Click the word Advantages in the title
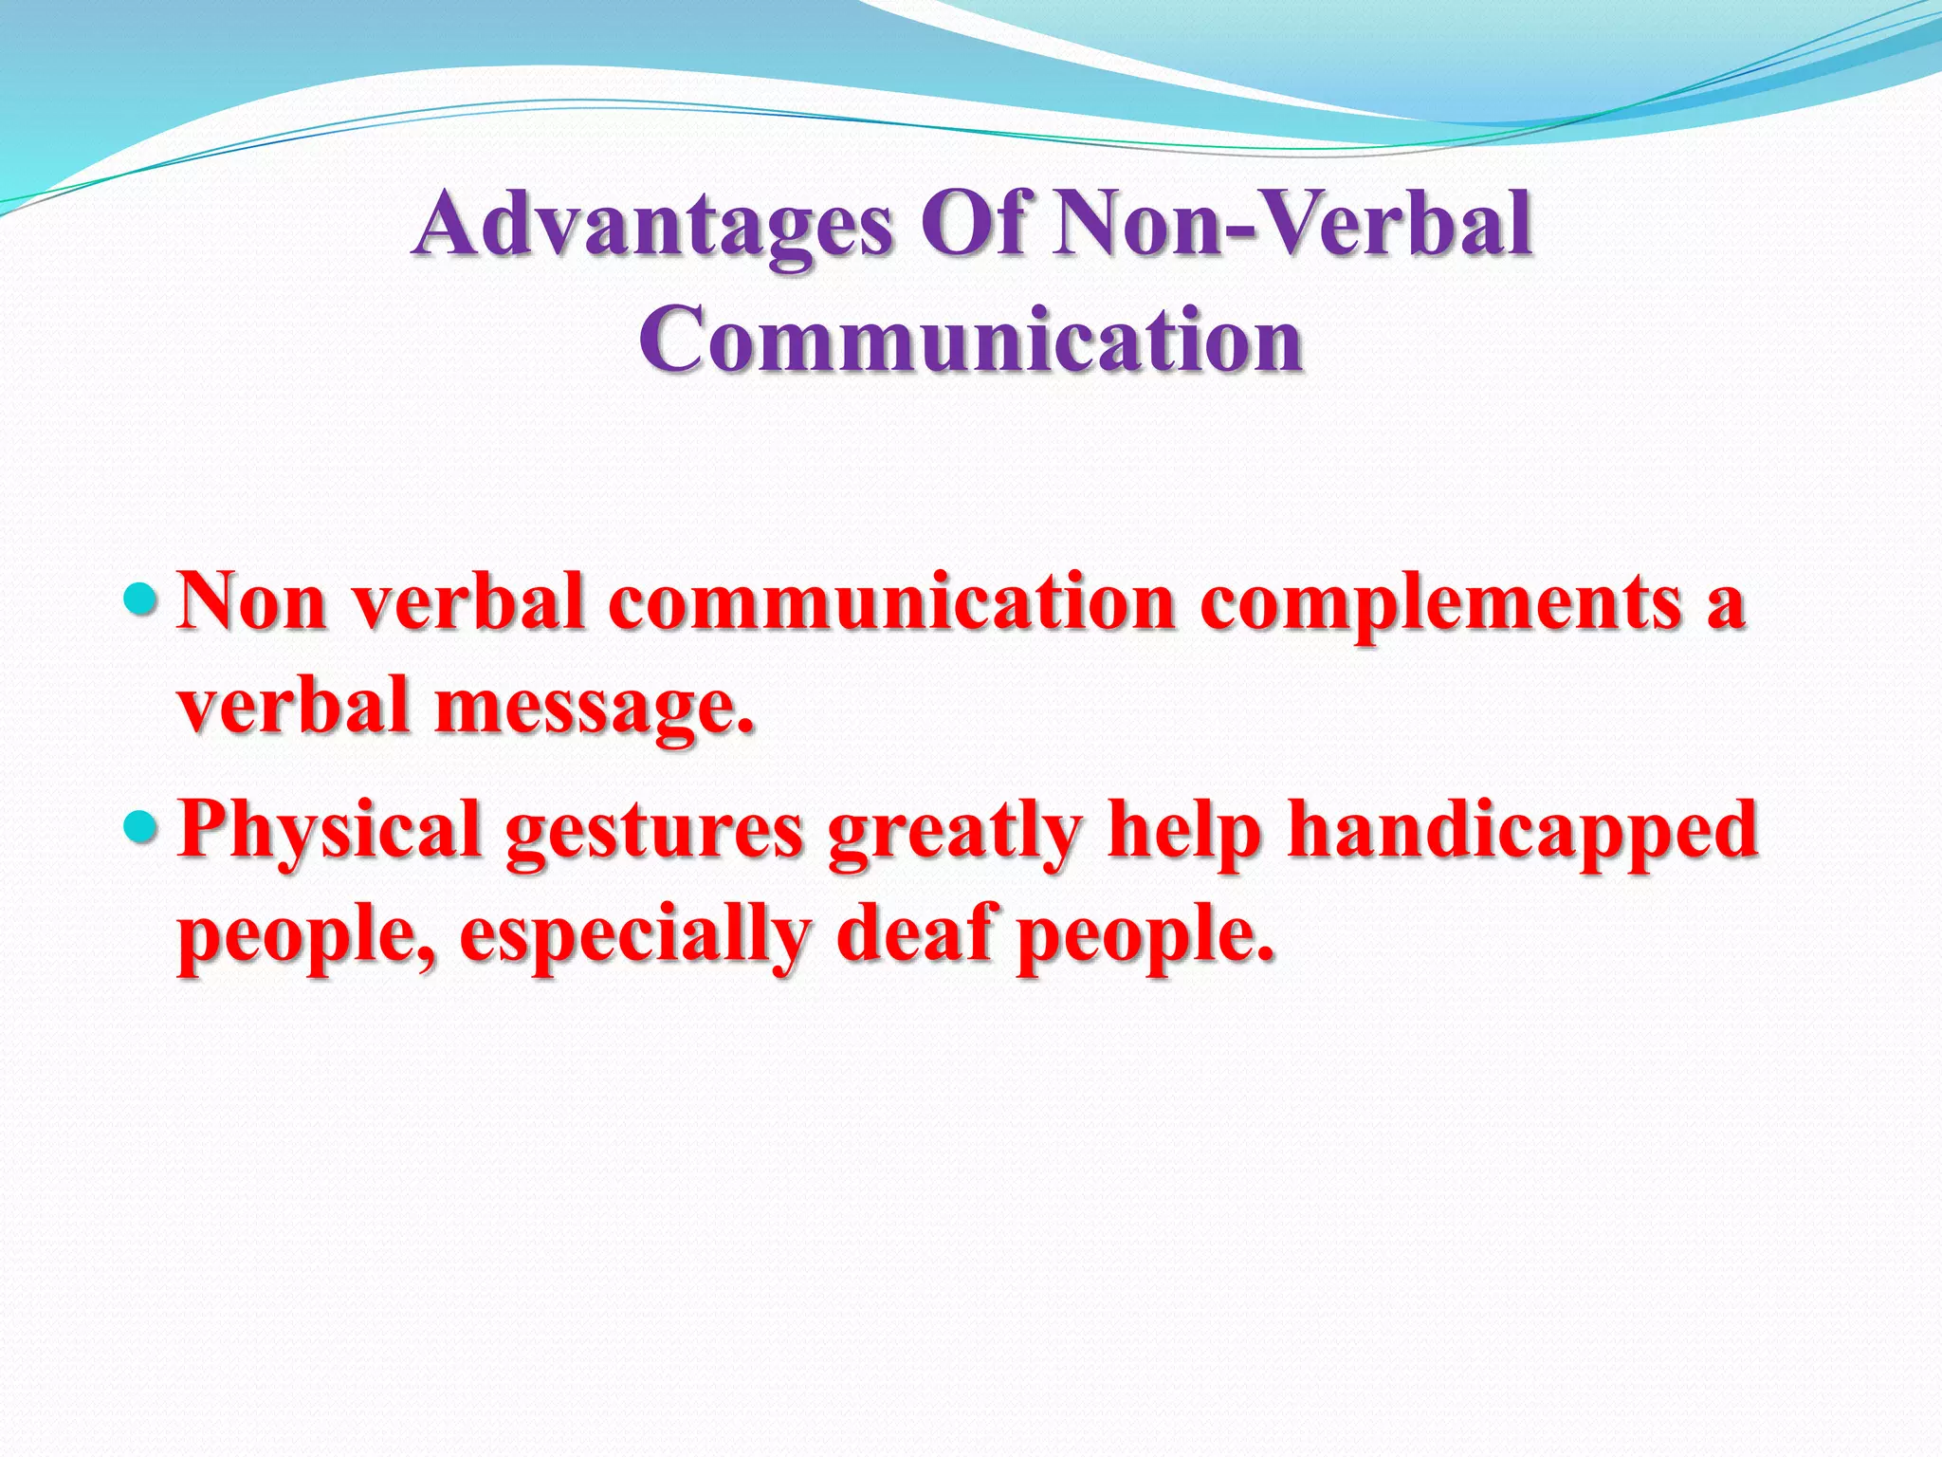tap(654, 226)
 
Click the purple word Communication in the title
tap(971, 340)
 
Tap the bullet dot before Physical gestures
tap(143, 826)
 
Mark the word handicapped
tap(1521, 831)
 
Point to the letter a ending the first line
tap(1725, 607)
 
